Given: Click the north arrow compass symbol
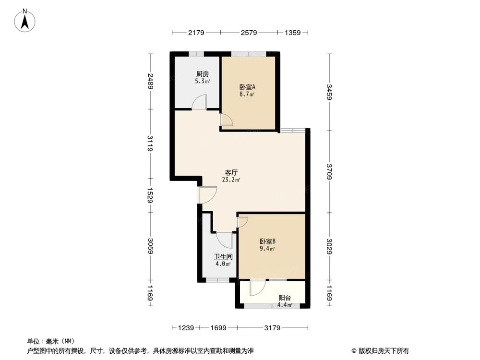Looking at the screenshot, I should pyautogui.click(x=24, y=20).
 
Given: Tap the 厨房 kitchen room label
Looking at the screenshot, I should pyautogui.click(x=202, y=74).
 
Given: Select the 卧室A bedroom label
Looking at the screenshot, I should pyautogui.click(x=247, y=87).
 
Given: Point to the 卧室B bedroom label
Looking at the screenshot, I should pyautogui.click(x=267, y=241).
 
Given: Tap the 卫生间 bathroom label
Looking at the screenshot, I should pyautogui.click(x=222, y=256).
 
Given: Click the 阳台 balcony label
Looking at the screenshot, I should pyautogui.click(x=285, y=298).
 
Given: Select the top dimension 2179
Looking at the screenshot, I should pyautogui.click(x=196, y=33).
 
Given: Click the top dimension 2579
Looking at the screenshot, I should pyautogui.click(x=249, y=33).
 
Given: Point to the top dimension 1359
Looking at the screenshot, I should pyautogui.click(x=292, y=33).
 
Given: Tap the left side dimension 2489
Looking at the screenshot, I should pyautogui.click(x=151, y=81).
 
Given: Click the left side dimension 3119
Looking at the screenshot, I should pyautogui.click(x=151, y=144).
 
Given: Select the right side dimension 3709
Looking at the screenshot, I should pyautogui.click(x=329, y=171).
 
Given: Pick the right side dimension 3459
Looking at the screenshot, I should pyautogui.click(x=329, y=92).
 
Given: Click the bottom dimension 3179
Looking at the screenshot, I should pyautogui.click(x=273, y=328).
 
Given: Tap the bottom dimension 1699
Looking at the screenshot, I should pyautogui.click(x=218, y=328).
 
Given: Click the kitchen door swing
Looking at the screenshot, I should pyautogui.click(x=200, y=102).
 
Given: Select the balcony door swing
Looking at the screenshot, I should pyautogui.click(x=257, y=288).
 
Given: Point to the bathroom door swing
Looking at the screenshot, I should pyautogui.click(x=224, y=239).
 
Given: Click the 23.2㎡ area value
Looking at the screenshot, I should pyautogui.click(x=231, y=180).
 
